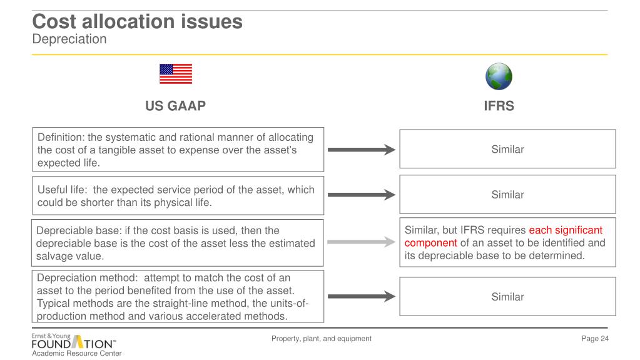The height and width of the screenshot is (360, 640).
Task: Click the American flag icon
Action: (176, 74)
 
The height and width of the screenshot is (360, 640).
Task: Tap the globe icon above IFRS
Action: (499, 76)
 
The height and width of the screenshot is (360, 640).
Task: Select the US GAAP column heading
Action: (175, 106)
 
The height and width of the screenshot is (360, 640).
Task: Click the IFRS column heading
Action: (499, 106)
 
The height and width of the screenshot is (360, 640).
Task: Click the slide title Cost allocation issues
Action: (137, 22)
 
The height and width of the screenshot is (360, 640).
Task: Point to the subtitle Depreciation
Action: (69, 39)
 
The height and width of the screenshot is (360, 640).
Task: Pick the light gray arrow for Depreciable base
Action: (362, 242)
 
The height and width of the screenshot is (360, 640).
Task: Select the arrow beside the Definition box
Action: (362, 150)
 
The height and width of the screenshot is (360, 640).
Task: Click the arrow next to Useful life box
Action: (362, 195)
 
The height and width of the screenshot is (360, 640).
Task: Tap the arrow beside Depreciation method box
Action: (362, 297)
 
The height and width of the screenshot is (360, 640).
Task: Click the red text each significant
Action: (566, 230)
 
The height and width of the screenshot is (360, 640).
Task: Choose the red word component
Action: (431, 243)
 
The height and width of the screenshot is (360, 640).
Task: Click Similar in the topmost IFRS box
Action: (507, 149)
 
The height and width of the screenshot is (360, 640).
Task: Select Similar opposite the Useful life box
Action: (507, 195)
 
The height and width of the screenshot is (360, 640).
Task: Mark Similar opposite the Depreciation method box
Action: (507, 297)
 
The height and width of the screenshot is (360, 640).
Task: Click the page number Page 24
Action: (595, 339)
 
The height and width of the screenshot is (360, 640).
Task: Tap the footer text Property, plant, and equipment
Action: (321, 339)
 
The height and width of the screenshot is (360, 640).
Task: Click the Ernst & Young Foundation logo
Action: (73, 342)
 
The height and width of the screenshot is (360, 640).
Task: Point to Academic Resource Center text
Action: (77, 353)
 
